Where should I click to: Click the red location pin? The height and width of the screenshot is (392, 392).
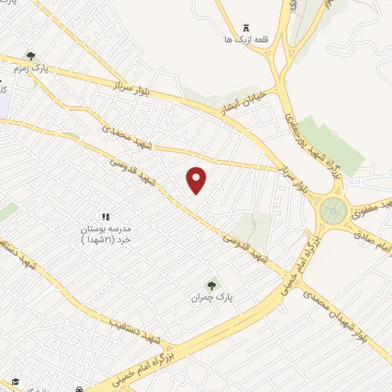click(197, 180)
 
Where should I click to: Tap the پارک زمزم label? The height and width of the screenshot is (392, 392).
click(30, 68)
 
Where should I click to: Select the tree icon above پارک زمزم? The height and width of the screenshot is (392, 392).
click(31, 56)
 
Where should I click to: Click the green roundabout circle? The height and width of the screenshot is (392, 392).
click(334, 208)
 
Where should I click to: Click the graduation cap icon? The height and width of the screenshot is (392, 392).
click(14, 382)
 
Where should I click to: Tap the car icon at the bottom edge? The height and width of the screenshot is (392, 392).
click(80, 385)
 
